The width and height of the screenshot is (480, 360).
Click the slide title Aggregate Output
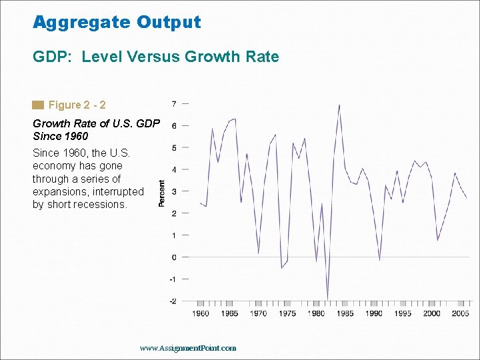coord(117,22)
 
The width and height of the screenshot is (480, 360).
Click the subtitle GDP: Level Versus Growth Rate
coord(156,57)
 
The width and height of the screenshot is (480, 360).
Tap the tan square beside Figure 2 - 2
coord(38,105)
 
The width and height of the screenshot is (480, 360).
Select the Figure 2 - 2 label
coord(77,105)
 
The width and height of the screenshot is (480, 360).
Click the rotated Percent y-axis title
coord(162,193)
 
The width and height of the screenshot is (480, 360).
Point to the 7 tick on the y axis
coord(174,104)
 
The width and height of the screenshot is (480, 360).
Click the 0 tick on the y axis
coord(174,257)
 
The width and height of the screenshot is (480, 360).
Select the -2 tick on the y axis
coord(173,301)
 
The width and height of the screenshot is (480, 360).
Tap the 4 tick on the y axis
coord(174,170)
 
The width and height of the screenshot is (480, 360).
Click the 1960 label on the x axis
coord(200,313)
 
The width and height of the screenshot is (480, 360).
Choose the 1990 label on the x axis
coord(373,313)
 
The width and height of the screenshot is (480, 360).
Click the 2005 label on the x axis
coord(460,313)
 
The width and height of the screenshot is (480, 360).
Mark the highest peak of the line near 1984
coord(339,105)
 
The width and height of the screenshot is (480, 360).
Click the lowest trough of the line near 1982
coord(327,299)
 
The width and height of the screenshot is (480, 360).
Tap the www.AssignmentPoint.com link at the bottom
coord(188,348)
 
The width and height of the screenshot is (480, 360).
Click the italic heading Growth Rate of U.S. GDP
coord(95,123)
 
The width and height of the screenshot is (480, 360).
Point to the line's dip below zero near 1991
coord(379,259)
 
